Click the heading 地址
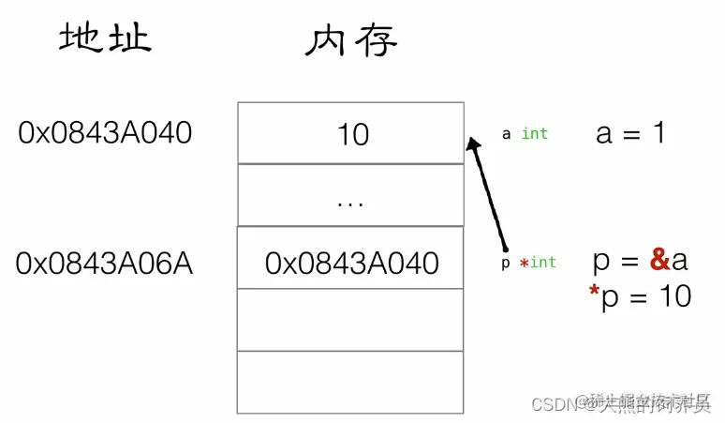point(105,38)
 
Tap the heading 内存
point(351,39)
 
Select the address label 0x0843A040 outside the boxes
point(105,133)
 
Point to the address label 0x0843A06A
point(104,264)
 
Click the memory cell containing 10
point(351,134)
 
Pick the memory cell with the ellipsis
point(351,196)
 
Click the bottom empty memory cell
point(351,381)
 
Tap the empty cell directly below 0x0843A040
point(351,319)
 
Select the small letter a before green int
point(507,134)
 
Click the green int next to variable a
point(535,134)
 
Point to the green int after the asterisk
point(543,263)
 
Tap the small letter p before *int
point(506,264)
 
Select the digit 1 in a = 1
point(659,133)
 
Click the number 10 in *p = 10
point(673,296)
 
